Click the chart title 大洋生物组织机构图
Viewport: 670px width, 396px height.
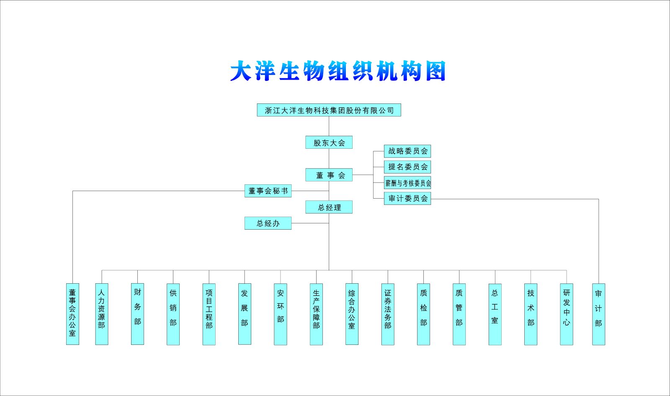(338, 71)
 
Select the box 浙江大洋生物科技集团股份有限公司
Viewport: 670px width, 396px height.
(329, 110)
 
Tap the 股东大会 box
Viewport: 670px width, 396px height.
(329, 142)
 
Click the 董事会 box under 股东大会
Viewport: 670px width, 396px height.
(329, 175)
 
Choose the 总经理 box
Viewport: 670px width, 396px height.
(329, 207)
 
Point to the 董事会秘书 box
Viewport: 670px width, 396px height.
(268, 191)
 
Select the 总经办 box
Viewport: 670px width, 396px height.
(268, 223)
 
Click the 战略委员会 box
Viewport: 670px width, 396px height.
(407, 151)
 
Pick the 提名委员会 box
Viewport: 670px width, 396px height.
(407, 167)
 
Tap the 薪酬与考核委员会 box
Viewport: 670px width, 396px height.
(407, 183)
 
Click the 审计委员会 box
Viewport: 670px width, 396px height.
(407, 199)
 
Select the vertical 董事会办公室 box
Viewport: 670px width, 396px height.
(72, 314)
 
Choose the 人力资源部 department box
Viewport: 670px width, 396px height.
(102, 314)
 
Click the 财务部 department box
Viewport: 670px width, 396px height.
(137, 314)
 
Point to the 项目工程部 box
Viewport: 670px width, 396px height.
(209, 314)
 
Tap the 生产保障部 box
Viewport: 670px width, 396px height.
(316, 314)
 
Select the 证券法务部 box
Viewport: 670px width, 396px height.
(388, 314)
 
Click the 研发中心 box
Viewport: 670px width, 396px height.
(567, 314)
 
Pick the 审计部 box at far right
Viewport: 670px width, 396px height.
(598, 314)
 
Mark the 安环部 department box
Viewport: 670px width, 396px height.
(281, 314)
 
